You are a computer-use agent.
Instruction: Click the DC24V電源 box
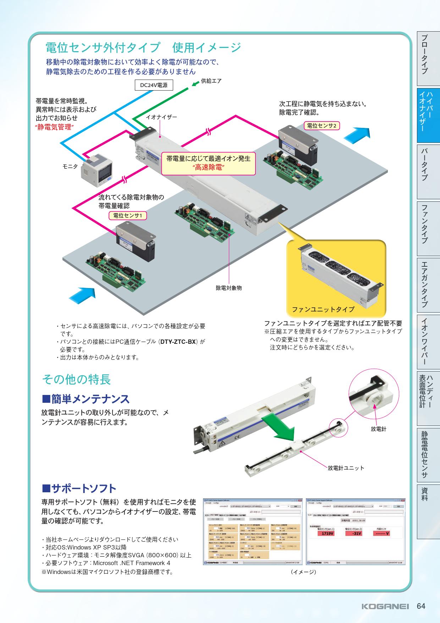tap(154, 85)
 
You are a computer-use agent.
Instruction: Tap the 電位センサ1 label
tap(127, 215)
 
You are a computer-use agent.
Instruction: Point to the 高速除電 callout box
tap(208, 163)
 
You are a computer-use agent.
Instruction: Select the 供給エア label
tap(211, 81)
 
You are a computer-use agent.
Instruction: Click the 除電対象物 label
tap(229, 288)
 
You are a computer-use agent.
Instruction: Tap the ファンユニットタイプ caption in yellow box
tap(323, 309)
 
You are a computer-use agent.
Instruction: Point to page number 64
tap(421, 606)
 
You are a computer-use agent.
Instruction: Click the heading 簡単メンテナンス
tap(86, 399)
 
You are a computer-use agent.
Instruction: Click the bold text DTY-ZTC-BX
tap(178, 342)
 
